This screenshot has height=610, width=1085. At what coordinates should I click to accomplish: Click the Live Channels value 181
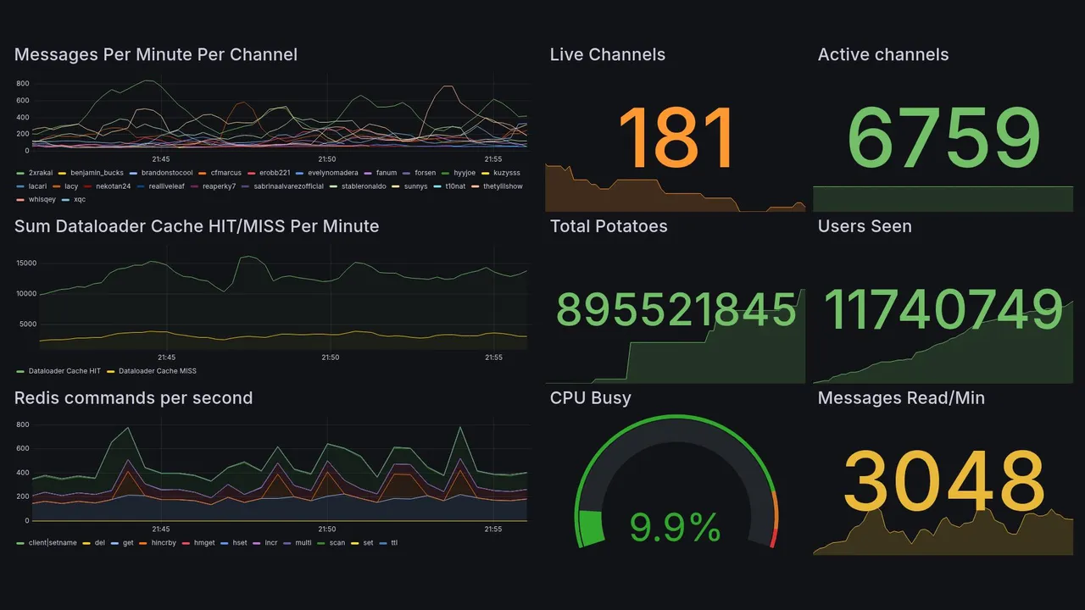pos(676,138)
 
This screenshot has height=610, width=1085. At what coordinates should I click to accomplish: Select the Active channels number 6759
pos(943,138)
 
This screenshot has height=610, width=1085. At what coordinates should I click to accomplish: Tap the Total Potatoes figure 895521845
pos(676,310)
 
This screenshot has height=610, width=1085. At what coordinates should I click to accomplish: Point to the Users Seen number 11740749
pos(943,309)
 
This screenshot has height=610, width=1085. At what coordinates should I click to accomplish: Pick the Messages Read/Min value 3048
pos(943,480)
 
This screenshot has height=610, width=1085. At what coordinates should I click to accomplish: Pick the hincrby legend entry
pos(164,542)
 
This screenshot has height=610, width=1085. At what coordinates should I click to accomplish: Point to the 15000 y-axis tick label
pos(25,263)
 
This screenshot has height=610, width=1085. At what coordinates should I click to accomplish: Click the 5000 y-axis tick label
pos(28,324)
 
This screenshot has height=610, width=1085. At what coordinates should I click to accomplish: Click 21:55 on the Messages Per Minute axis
pos(493,158)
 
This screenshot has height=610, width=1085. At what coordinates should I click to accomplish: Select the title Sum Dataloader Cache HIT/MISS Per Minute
pos(197,226)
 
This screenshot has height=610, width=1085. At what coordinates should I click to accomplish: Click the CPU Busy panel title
pos(590,398)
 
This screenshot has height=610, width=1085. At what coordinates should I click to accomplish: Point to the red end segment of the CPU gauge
pos(772,537)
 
